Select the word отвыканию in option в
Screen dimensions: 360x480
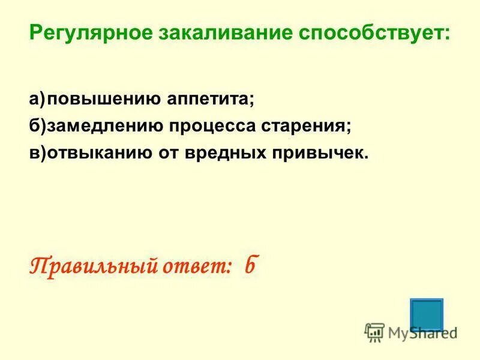(97, 153)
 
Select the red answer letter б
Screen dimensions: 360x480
(250, 265)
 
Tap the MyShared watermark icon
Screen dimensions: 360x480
(374, 332)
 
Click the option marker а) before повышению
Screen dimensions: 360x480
(38, 99)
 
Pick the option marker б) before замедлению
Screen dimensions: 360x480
(38, 126)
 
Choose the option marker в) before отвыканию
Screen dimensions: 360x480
(38, 153)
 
